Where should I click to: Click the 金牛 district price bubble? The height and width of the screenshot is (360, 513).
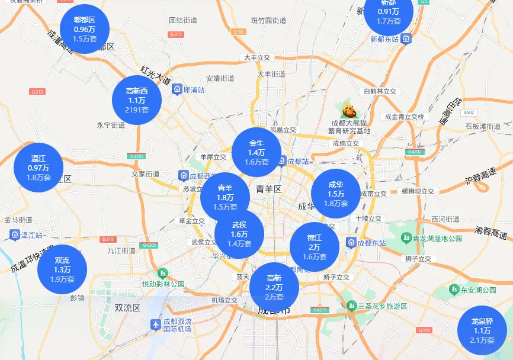click(256, 152)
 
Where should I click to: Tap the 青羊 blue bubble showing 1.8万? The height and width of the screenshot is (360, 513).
click(225, 197)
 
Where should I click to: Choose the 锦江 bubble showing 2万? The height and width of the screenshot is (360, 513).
click(314, 247)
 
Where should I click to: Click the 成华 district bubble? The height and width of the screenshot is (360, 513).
click(336, 194)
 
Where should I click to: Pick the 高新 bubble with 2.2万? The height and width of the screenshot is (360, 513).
click(274, 287)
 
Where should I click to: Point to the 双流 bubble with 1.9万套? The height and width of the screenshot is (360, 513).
click(62, 269)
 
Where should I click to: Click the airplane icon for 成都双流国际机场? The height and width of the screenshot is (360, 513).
click(156, 324)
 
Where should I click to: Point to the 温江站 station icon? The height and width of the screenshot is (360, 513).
click(14, 235)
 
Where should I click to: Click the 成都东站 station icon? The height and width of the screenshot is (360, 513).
click(351, 243)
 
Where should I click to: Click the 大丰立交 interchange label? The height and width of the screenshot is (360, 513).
click(256, 57)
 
